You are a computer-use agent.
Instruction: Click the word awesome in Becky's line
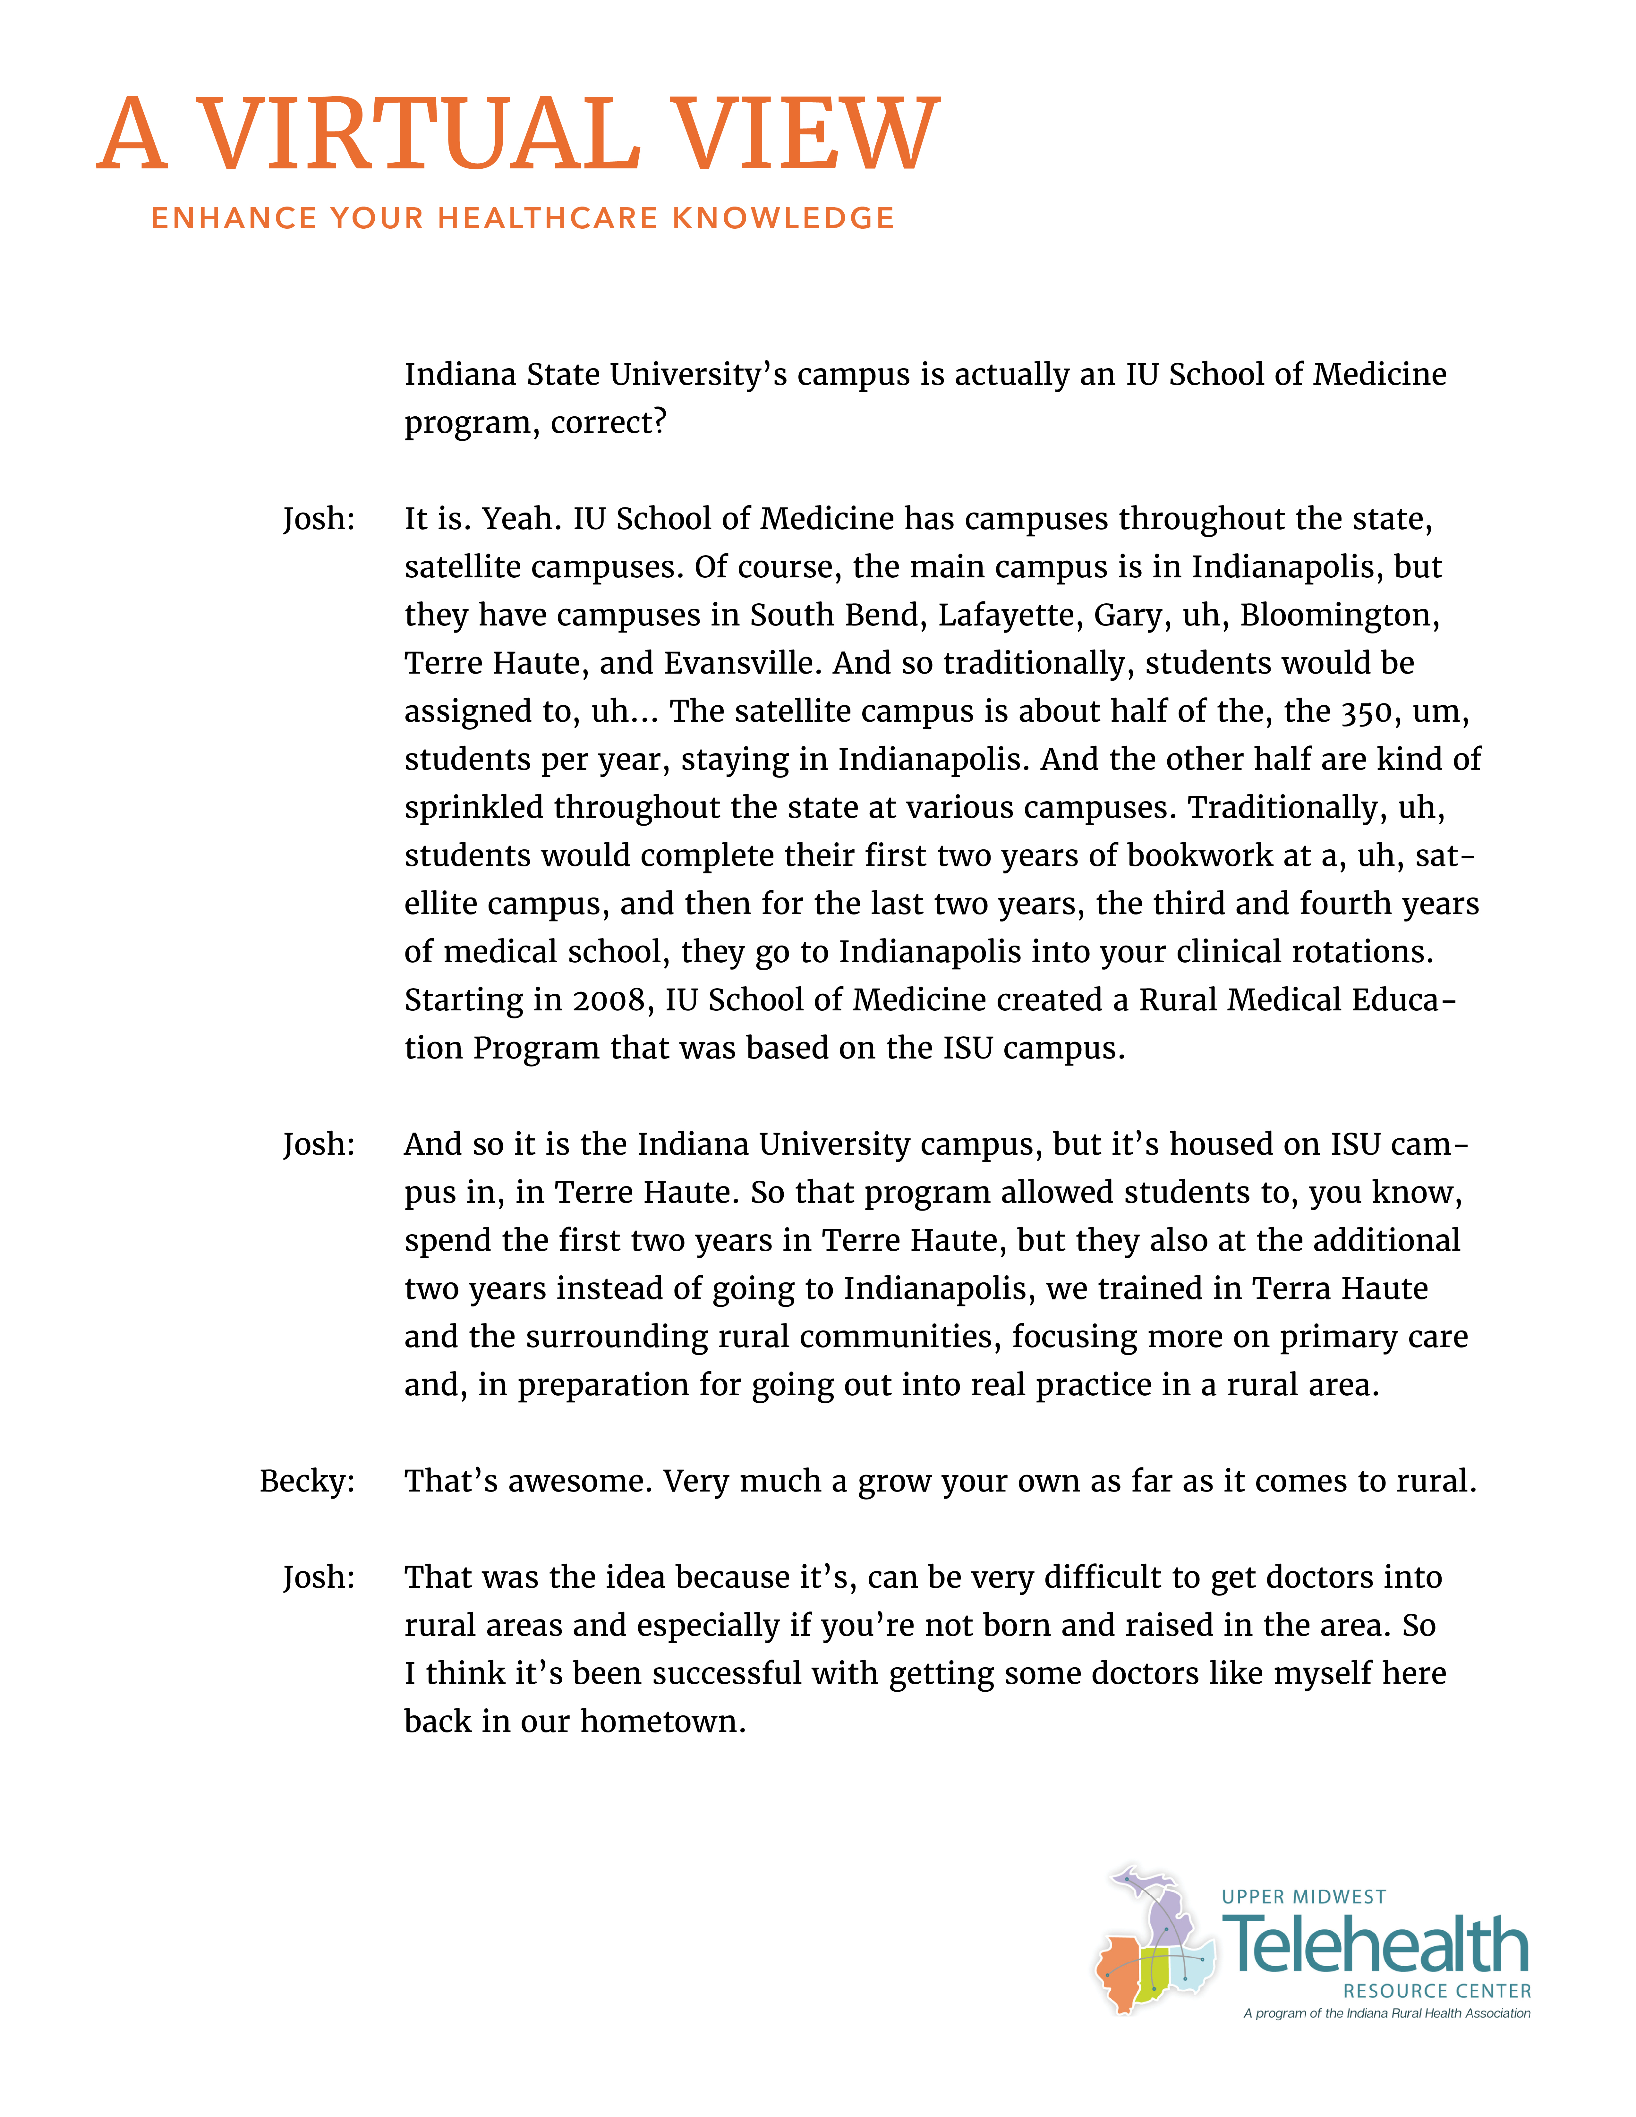click(x=580, y=1481)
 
